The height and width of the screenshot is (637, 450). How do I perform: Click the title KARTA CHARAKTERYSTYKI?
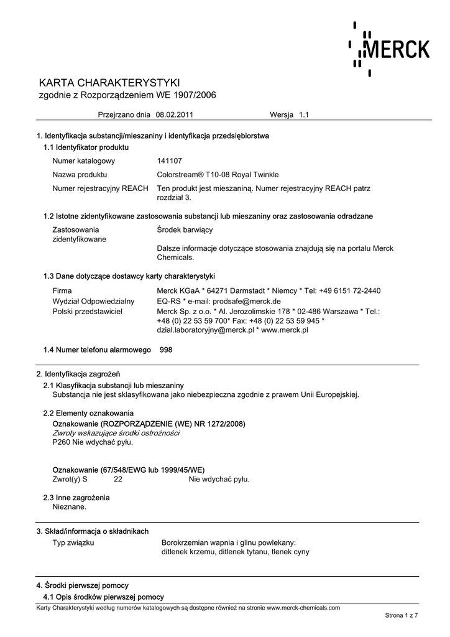click(109, 83)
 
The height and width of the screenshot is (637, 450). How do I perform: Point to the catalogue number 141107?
click(169, 160)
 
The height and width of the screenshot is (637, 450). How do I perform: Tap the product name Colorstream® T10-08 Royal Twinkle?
click(218, 175)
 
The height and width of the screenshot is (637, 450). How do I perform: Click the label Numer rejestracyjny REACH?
click(100, 188)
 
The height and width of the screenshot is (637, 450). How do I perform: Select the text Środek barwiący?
click(185, 230)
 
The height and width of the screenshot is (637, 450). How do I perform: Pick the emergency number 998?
click(166, 350)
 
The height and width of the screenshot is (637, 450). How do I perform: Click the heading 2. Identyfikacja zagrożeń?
click(78, 374)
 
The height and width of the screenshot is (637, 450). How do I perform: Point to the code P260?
click(61, 442)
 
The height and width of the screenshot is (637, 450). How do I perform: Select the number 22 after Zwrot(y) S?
click(118, 479)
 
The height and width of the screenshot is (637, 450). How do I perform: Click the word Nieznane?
click(70, 506)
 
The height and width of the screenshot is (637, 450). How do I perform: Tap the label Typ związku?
click(73, 542)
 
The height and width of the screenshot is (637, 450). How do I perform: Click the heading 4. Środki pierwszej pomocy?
click(83, 585)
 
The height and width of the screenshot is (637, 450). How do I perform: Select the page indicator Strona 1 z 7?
click(402, 615)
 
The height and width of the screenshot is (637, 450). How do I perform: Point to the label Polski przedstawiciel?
click(88, 311)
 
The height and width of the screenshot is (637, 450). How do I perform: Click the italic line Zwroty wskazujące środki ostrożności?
click(116, 433)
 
